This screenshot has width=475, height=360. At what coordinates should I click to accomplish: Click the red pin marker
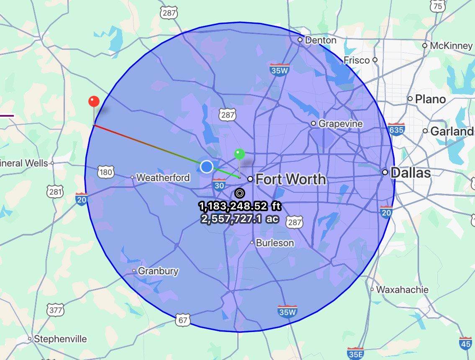(x=94, y=102)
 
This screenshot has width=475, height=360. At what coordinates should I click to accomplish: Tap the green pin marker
(x=239, y=154)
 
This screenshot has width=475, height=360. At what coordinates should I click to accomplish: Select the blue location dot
(x=206, y=166)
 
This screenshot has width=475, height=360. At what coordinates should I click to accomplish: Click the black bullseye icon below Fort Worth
(x=239, y=193)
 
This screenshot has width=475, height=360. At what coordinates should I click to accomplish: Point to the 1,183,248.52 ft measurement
(x=240, y=206)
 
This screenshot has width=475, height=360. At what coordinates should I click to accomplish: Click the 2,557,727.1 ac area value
(x=240, y=219)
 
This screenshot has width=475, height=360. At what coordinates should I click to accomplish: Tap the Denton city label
(x=321, y=40)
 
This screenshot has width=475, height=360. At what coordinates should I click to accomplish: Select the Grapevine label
(x=340, y=124)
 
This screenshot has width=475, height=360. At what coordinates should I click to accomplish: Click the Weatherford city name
(x=163, y=178)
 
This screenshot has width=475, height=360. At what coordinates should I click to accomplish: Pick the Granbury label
(x=158, y=271)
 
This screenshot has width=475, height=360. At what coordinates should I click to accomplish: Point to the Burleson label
(x=275, y=243)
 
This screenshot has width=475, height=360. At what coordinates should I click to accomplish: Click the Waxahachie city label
(x=402, y=289)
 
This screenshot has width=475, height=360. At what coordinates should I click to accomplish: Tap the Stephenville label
(x=60, y=339)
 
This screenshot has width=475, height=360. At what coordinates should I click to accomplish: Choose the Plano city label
(x=430, y=99)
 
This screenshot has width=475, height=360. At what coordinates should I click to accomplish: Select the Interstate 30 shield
(x=219, y=184)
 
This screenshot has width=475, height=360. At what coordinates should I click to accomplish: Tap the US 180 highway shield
(x=105, y=171)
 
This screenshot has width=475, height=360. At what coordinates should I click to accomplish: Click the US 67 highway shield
(x=183, y=320)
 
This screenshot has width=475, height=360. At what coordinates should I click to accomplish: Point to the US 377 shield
(x=56, y=310)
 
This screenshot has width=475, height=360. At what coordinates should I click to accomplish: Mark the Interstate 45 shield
(x=465, y=343)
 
